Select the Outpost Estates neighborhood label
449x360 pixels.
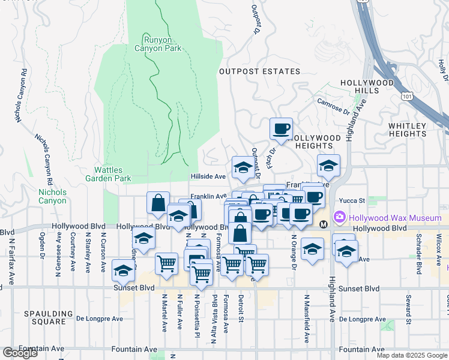click(259, 71)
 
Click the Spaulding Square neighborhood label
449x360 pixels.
click(44, 317)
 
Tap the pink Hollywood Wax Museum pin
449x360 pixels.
click(340, 216)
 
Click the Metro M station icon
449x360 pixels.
click(324, 224)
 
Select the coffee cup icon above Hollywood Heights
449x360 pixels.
click(281, 128)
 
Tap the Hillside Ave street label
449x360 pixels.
click(208, 177)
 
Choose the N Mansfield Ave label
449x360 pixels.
click(307, 318)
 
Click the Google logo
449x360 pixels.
click(20, 353)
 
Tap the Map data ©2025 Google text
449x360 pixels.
click(411, 355)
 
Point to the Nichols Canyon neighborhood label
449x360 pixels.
click(52, 196)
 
